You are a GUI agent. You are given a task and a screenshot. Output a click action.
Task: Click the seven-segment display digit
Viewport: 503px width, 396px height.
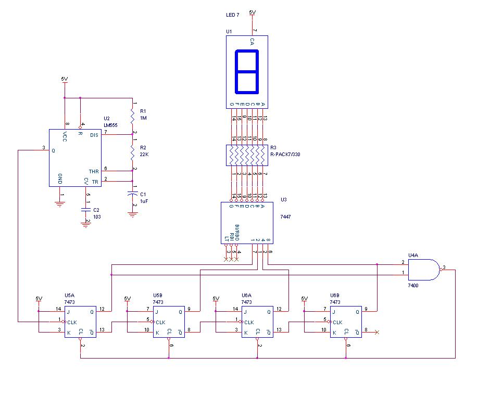pyautogui.click(x=247, y=71)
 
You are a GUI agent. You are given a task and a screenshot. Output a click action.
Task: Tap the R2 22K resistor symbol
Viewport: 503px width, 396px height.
pyautogui.click(x=133, y=152)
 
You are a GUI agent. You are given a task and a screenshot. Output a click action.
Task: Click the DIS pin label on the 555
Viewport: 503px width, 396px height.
pyautogui.click(x=94, y=135)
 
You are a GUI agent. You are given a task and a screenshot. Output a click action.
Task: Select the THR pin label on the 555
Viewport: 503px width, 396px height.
pyautogui.click(x=94, y=171)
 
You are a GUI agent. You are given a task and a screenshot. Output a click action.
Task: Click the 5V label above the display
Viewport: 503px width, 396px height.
pyautogui.click(x=253, y=11)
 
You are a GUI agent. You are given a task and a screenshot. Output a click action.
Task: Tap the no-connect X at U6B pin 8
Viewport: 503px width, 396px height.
pyautogui.click(x=376, y=331)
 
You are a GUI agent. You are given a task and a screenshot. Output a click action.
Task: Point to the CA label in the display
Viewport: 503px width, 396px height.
pyautogui.click(x=252, y=42)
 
